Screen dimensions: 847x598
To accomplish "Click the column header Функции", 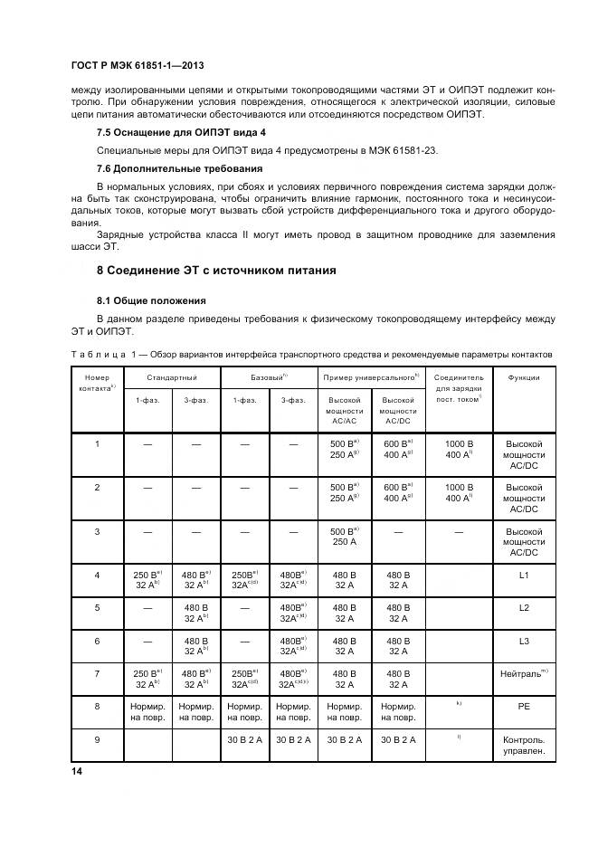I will pos(524,377).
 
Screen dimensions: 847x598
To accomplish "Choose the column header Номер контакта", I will pos(97,382).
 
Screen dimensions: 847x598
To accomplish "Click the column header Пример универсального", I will pos(369,377).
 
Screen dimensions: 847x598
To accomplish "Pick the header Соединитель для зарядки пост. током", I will pos(459,387).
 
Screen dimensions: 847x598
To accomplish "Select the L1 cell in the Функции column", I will pos(524,576).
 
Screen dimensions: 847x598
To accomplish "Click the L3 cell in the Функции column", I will pos(524,641).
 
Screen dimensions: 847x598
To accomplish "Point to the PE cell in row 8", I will pos(524,706).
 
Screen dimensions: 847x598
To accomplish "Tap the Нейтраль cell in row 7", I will pos(524,673).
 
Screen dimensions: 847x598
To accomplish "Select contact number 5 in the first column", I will pos(97,608).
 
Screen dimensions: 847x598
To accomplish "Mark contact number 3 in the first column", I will pos(97,531).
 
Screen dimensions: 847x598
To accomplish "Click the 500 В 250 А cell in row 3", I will pos(345,536).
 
